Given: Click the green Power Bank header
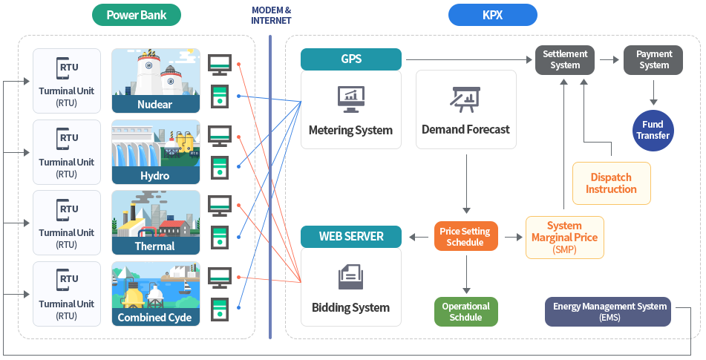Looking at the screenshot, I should pyautogui.click(x=137, y=15).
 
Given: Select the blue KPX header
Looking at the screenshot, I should pyautogui.click(x=492, y=15).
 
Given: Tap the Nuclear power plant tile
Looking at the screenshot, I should pyautogui.click(x=155, y=81).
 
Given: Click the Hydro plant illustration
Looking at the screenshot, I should pyautogui.click(x=155, y=151).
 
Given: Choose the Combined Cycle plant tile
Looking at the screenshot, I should pyautogui.click(x=155, y=294).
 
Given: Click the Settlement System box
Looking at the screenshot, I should pyautogui.click(x=565, y=59).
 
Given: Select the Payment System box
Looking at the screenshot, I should pyautogui.click(x=654, y=59).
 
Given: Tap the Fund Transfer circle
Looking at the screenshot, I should pyautogui.click(x=653, y=130).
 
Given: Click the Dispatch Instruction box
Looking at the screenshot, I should pyautogui.click(x=611, y=183).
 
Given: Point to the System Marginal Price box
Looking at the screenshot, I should pyautogui.click(x=564, y=238).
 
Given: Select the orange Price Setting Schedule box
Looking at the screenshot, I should pyautogui.click(x=465, y=237).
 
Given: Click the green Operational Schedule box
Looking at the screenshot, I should pyautogui.click(x=465, y=312).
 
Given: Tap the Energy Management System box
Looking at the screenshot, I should pyautogui.click(x=607, y=312).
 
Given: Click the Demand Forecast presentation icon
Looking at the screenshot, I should pyautogui.click(x=465, y=99).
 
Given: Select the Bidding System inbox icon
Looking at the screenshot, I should pyautogui.click(x=350, y=277).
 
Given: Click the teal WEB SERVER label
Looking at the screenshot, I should pyautogui.click(x=350, y=237).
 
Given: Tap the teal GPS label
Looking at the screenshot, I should pyautogui.click(x=350, y=59).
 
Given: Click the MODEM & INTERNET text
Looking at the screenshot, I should pyautogui.click(x=271, y=15).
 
